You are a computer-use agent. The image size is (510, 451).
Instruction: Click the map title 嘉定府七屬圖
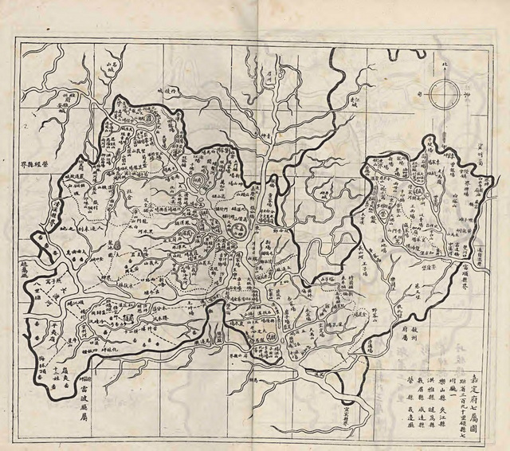point(477,386)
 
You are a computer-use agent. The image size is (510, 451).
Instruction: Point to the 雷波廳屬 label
point(82,386)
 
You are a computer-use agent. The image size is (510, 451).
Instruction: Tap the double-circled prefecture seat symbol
point(236,232)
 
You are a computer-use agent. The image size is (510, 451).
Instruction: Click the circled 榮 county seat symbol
point(392,214)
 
